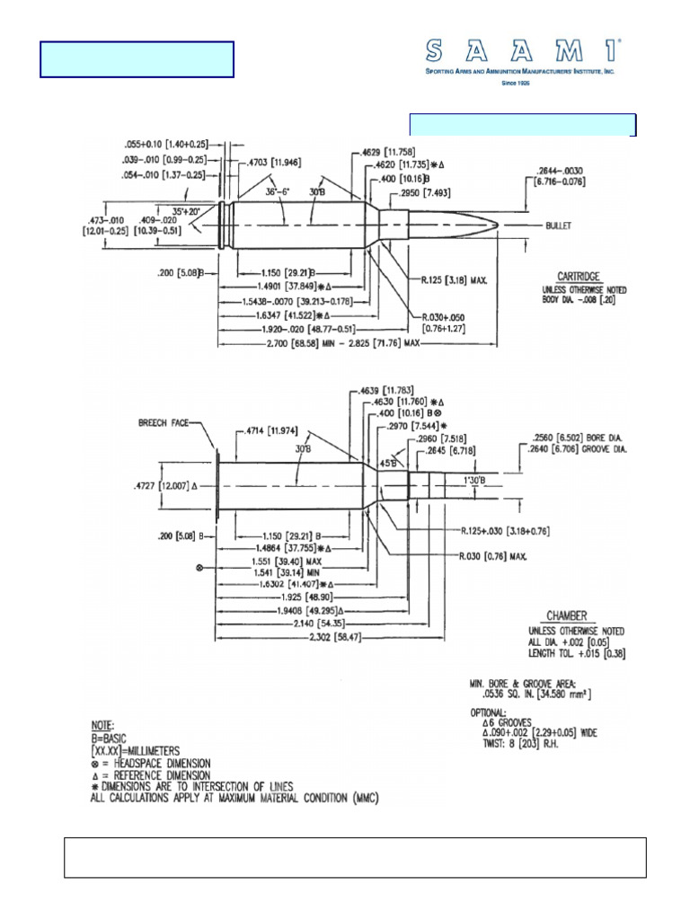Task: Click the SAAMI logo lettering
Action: pyautogui.click(x=520, y=50)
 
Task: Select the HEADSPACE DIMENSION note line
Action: pyautogui.click(x=157, y=762)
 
